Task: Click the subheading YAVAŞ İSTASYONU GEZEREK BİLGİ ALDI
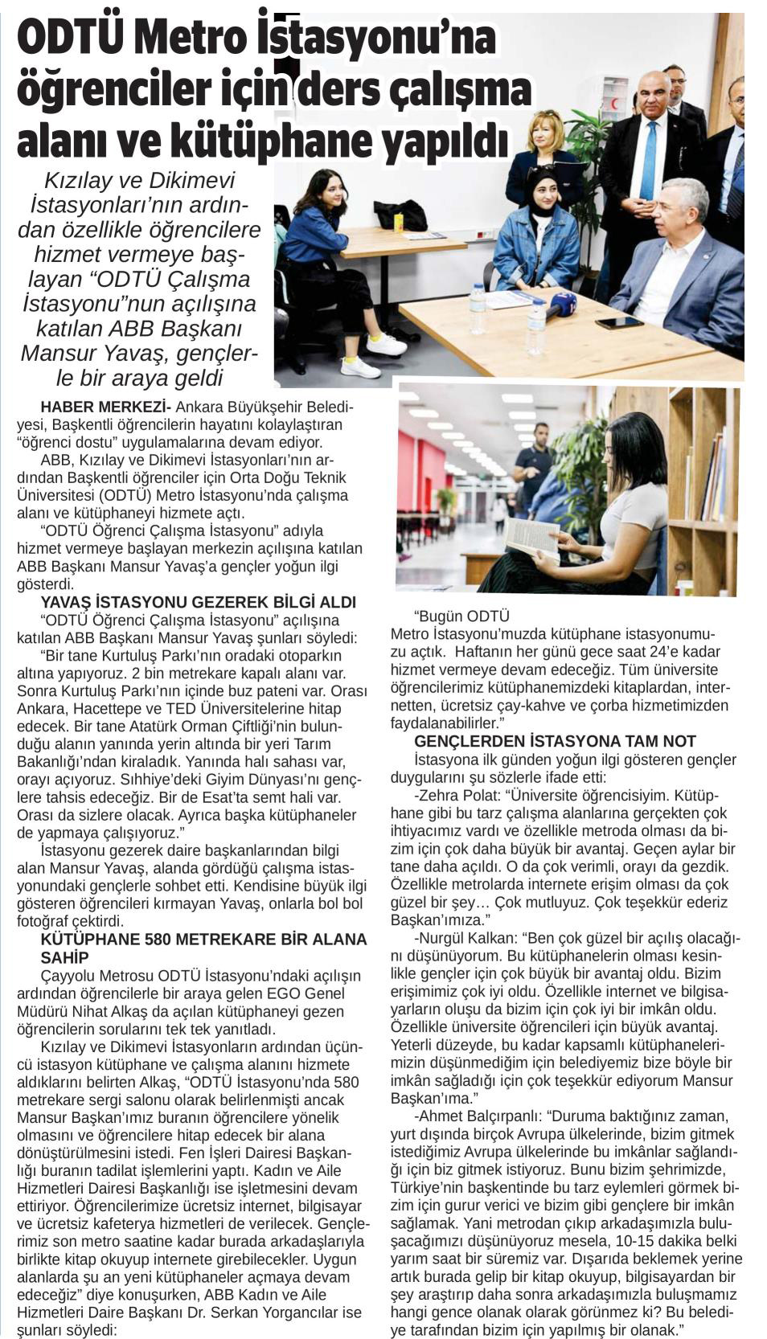(198, 602)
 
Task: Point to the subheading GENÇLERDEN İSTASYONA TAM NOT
(555, 741)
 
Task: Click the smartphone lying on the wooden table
(620, 323)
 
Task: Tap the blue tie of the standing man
(647, 160)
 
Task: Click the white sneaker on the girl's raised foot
(387, 346)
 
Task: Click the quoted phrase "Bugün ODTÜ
(461, 616)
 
